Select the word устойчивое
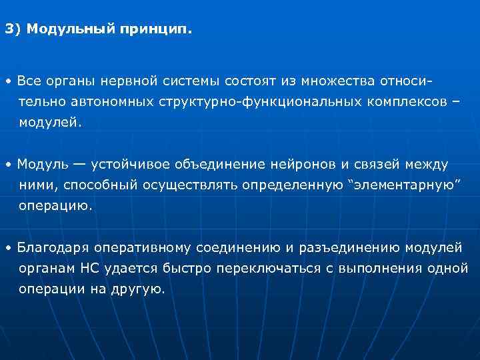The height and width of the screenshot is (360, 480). pos(131,164)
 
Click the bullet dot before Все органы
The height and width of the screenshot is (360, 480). pos(7,82)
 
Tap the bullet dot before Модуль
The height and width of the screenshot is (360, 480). pos(7,165)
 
